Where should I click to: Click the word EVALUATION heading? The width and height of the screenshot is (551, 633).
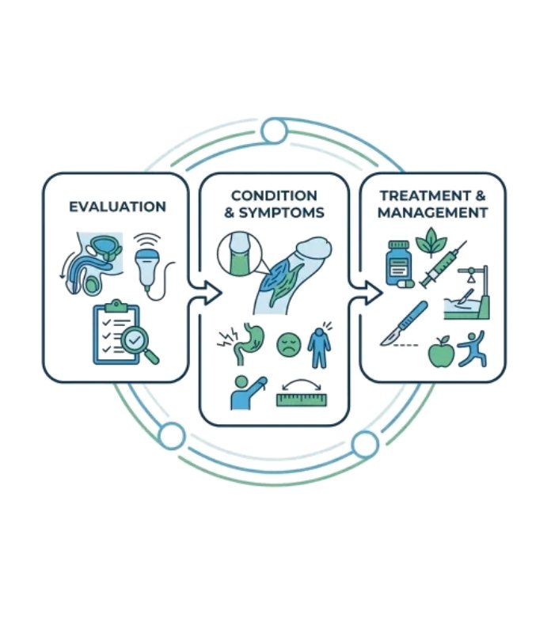117,207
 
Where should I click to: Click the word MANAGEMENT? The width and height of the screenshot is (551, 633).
432,213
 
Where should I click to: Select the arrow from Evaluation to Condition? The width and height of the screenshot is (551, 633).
203,293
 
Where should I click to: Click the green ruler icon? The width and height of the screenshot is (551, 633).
302,399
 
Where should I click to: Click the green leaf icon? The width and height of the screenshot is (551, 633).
432,243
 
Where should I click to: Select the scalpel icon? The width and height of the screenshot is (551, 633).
404,324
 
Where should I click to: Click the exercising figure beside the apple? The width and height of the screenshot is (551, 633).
473,349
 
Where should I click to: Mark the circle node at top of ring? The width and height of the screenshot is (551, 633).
274,131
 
